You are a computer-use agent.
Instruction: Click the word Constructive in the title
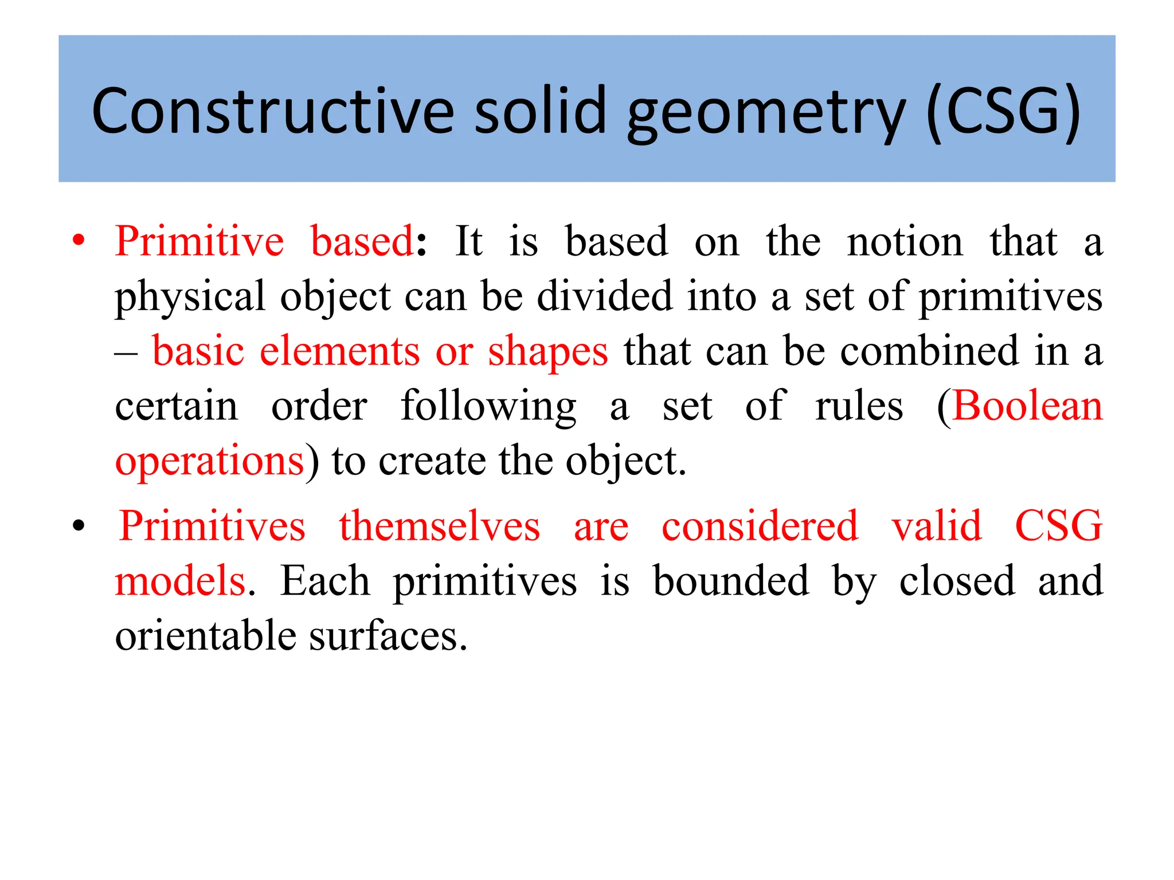point(273,111)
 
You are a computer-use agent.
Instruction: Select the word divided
point(604,296)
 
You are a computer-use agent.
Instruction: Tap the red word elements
point(340,351)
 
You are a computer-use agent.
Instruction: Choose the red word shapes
point(547,352)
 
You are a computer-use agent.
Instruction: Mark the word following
point(488,407)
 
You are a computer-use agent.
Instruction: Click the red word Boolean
point(1027,406)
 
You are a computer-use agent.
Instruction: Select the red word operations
point(209,461)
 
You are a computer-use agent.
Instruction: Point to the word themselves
point(440,526)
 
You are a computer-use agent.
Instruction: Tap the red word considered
point(760,526)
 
